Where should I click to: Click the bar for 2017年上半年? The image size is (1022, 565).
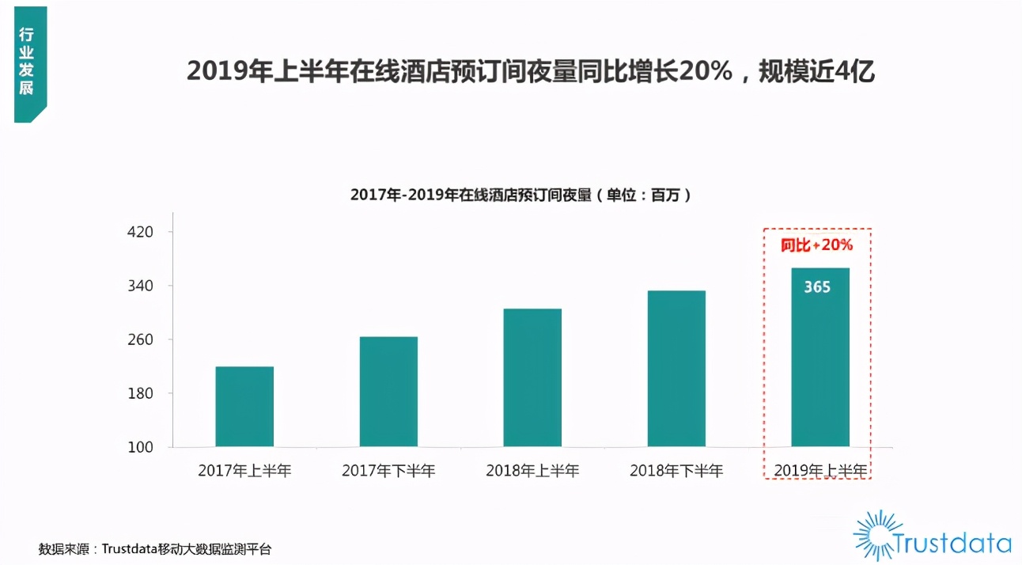pyautogui.click(x=244, y=407)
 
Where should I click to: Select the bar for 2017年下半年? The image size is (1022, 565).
pyautogui.click(x=388, y=392)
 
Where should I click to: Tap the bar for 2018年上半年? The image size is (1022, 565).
pyautogui.click(x=532, y=377)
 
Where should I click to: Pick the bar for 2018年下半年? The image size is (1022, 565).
pyautogui.click(x=676, y=369)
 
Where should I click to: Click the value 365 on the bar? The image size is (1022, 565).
pyautogui.click(x=817, y=287)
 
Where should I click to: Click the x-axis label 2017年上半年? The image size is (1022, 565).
pyautogui.click(x=244, y=471)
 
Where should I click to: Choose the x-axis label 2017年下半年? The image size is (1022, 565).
pyautogui.click(x=388, y=471)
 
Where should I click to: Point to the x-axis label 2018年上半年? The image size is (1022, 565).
pyautogui.click(x=532, y=471)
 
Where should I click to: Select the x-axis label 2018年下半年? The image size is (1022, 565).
pyautogui.click(x=676, y=471)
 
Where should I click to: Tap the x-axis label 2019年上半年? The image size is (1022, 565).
pyautogui.click(x=820, y=471)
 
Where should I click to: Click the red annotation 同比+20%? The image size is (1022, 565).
pyautogui.click(x=817, y=245)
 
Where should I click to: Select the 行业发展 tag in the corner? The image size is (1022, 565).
pyautogui.click(x=27, y=63)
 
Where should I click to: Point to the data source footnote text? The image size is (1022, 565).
pyautogui.click(x=155, y=548)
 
